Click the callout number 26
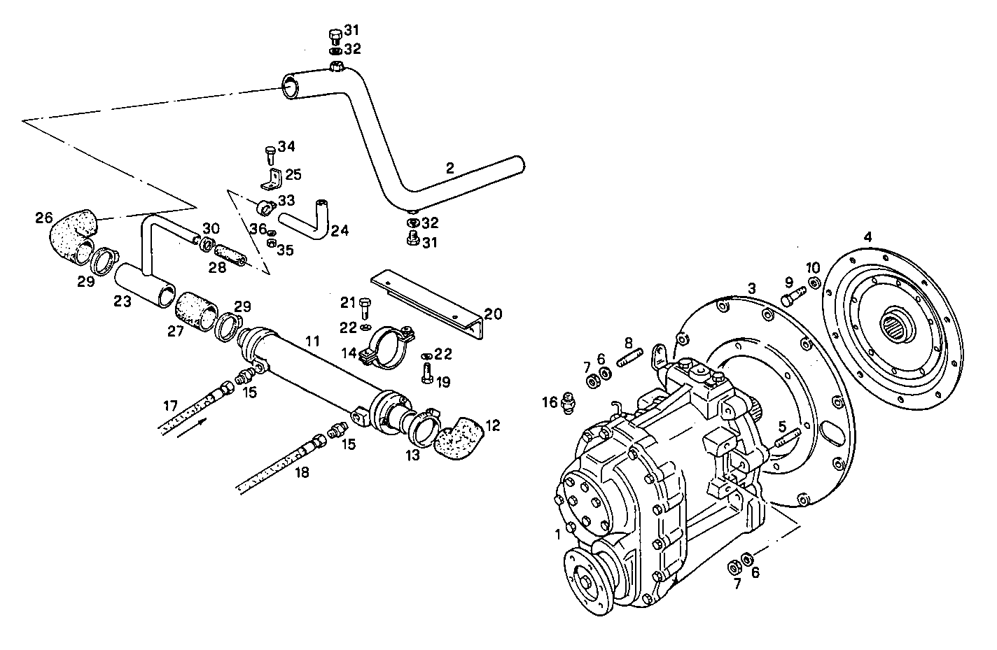tap(44, 218)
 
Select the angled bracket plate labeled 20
tap(428, 301)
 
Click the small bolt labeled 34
tap(271, 153)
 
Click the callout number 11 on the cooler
tap(312, 341)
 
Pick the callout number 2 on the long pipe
tap(450, 168)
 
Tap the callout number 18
tap(302, 472)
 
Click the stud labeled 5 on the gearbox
tap(788, 439)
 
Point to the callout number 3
tap(751, 288)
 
